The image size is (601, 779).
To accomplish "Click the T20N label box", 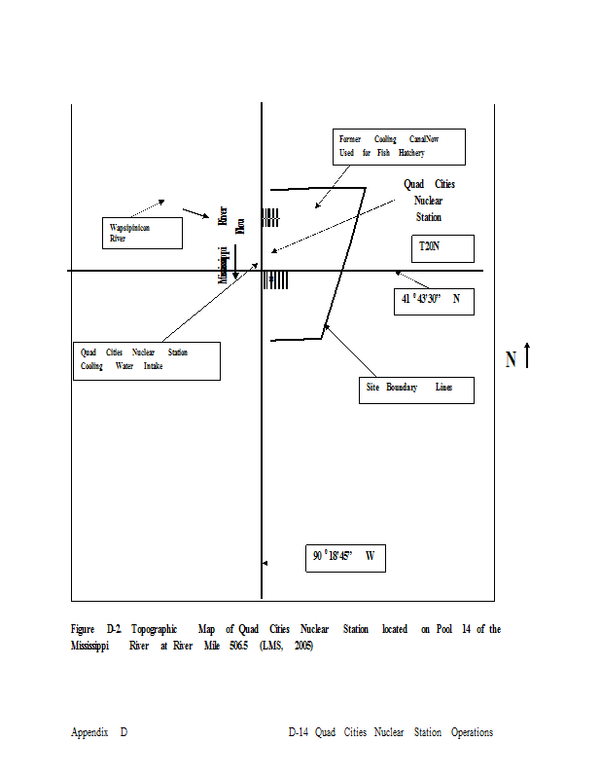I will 442,248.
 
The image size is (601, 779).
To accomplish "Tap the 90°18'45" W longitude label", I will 345,558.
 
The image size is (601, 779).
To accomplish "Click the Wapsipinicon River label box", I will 143,233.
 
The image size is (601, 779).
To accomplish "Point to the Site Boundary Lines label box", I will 414,389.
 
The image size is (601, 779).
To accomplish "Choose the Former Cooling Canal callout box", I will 398,146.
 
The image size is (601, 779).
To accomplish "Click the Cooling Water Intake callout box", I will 147,360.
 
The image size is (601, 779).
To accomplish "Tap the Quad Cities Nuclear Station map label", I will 429,201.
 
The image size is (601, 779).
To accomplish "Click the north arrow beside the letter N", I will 527,355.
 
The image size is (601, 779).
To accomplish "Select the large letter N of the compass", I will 512,359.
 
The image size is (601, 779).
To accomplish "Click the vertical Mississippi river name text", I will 224,265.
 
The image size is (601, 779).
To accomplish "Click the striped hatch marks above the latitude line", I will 270,218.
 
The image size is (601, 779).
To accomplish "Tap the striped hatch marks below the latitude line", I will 276,280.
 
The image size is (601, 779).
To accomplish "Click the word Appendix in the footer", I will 89,732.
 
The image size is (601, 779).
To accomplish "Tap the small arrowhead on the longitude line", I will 265,564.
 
